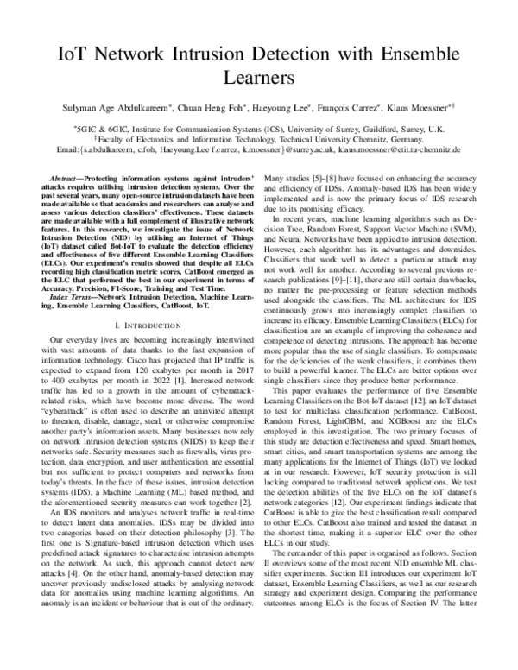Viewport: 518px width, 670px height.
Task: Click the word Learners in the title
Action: tap(259, 79)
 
